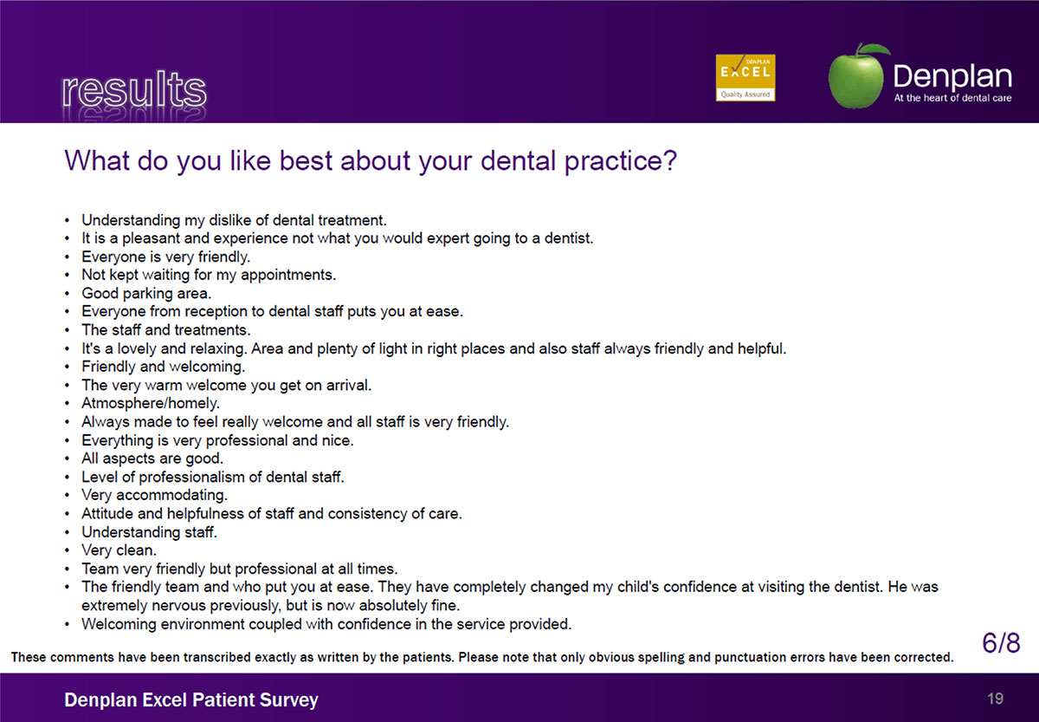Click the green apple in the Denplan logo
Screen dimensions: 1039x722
pos(856,77)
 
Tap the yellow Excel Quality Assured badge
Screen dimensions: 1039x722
pos(745,77)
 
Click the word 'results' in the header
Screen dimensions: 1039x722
pos(134,89)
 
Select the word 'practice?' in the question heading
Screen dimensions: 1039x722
pos(621,161)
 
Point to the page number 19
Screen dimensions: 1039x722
pos(995,699)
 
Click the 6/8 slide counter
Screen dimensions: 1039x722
pos(1001,643)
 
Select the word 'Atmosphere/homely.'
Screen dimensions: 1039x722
pos(151,403)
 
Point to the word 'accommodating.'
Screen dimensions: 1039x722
pos(171,495)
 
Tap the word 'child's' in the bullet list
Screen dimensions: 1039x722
pos(638,587)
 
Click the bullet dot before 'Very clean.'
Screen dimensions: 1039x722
pos(68,550)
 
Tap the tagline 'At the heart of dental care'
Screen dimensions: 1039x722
pos(952,98)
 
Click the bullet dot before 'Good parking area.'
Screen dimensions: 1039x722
pos(68,294)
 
